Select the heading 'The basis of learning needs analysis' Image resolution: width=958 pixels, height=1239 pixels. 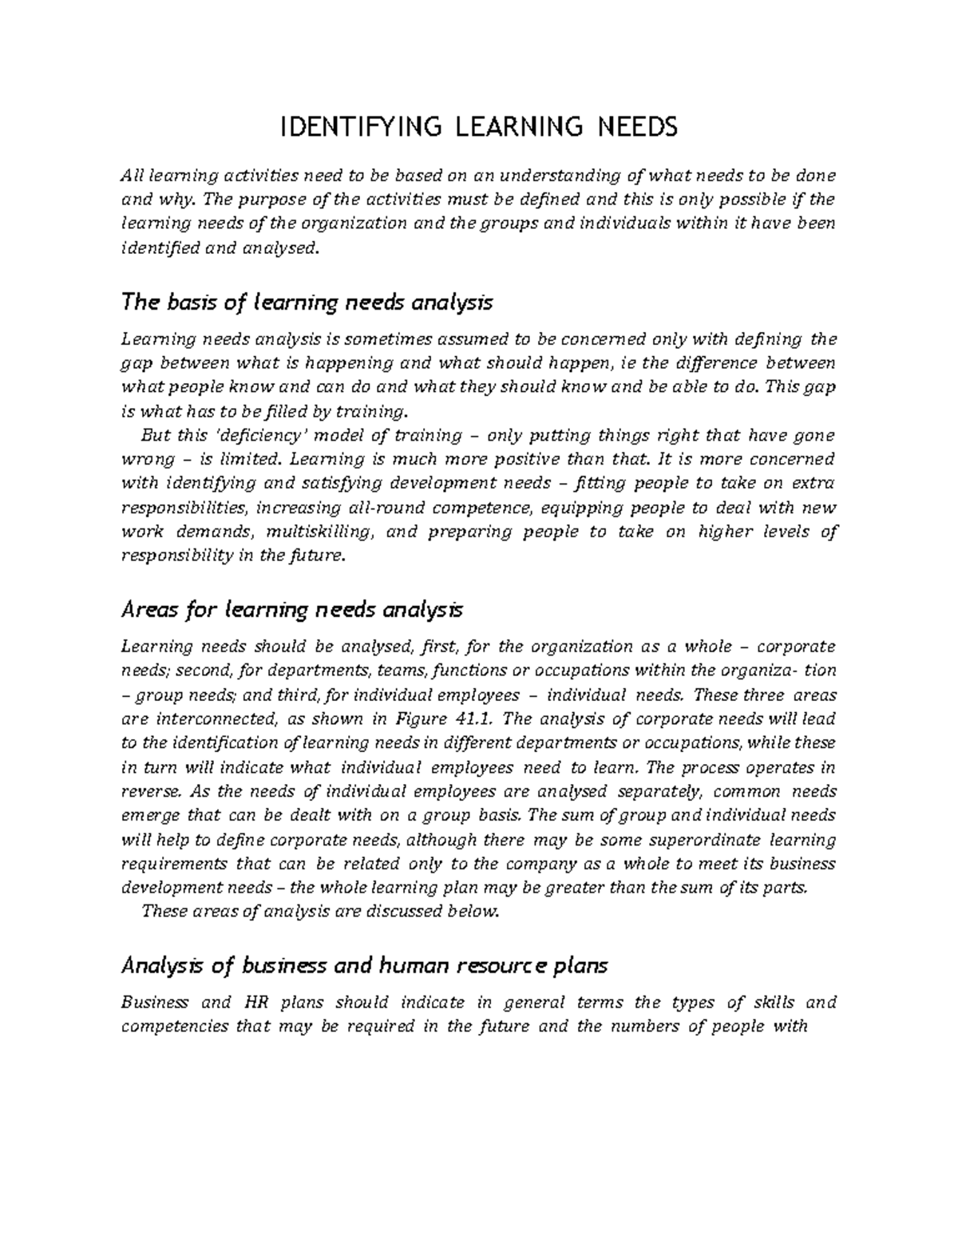(306, 303)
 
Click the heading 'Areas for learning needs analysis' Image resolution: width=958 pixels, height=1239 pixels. (291, 610)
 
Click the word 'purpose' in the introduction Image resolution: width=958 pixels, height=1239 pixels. (305, 199)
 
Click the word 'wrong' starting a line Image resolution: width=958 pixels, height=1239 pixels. (141, 460)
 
